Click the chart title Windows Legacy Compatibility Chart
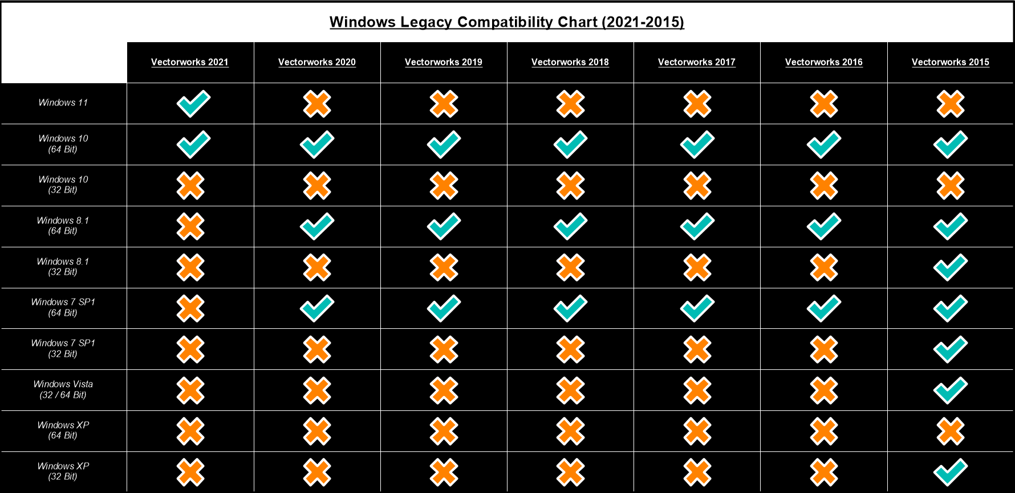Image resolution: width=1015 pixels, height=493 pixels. click(x=506, y=22)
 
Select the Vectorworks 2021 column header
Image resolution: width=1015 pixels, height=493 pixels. click(x=190, y=62)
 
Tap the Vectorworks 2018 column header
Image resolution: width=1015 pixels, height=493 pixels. click(x=570, y=62)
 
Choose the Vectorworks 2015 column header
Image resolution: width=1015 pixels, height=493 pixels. click(x=950, y=62)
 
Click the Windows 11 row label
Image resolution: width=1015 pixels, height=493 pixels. click(x=63, y=103)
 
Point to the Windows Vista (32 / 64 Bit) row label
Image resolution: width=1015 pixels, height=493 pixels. click(x=63, y=390)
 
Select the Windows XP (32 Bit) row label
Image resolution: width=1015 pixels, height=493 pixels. click(x=63, y=472)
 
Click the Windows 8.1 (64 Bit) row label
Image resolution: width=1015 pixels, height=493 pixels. click(x=63, y=226)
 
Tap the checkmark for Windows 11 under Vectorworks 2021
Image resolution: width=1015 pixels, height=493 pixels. click(x=193, y=104)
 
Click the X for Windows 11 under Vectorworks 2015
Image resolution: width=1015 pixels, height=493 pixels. click(x=950, y=104)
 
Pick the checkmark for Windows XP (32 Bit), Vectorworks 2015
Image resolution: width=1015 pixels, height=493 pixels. click(x=950, y=472)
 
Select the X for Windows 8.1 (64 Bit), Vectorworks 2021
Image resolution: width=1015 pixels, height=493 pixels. click(x=190, y=226)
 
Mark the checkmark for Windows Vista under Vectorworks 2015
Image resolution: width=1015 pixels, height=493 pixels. click(x=950, y=390)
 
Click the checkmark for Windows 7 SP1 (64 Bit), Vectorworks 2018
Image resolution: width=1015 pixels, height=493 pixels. click(x=570, y=308)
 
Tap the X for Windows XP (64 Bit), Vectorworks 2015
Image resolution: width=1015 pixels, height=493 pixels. click(x=950, y=431)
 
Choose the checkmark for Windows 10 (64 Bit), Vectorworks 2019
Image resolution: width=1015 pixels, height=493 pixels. click(x=444, y=145)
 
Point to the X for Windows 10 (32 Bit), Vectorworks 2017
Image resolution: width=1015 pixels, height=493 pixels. click(x=697, y=186)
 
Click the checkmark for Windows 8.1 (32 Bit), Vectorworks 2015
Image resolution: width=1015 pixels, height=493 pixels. click(x=950, y=267)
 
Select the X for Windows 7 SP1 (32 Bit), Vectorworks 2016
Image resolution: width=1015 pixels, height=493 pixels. click(x=823, y=349)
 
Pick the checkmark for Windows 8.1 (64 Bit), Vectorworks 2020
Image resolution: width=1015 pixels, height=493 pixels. click(x=317, y=226)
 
